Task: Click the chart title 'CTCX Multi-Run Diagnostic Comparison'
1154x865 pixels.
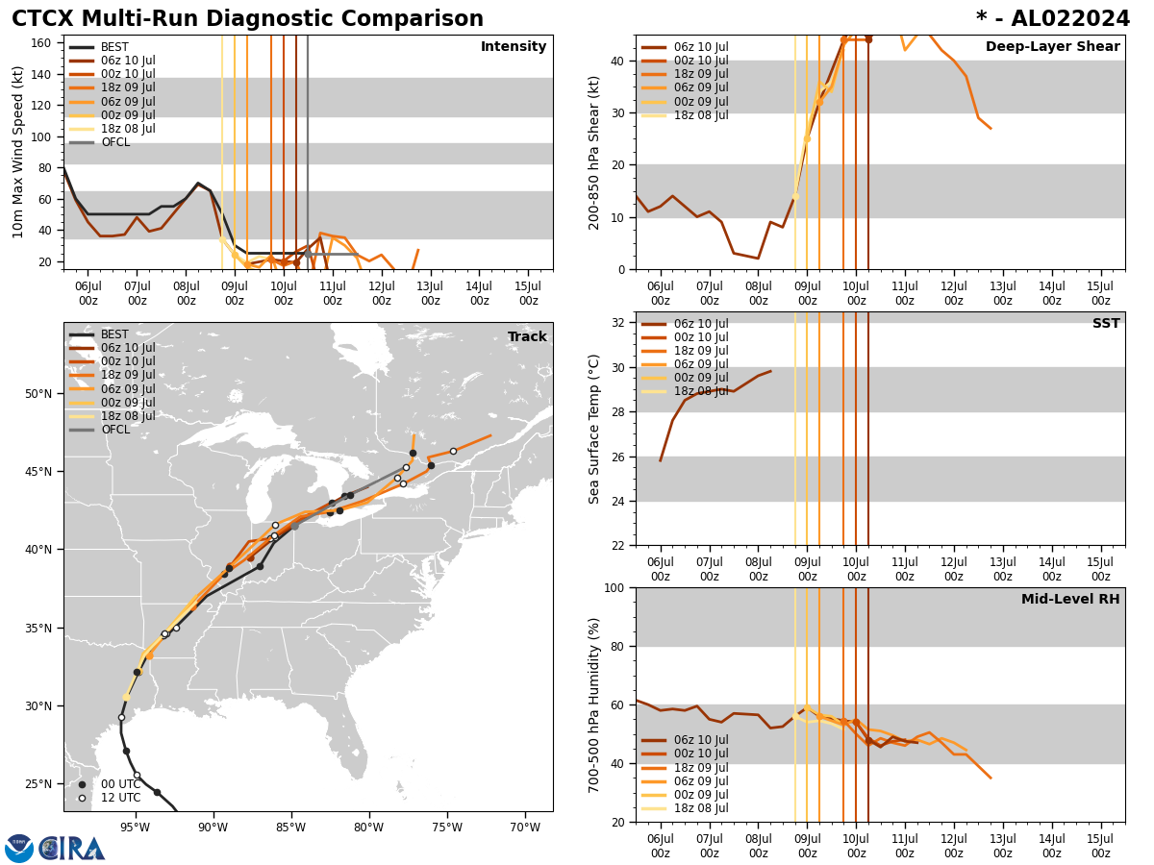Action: point(247,19)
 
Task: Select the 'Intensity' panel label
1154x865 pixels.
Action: point(513,47)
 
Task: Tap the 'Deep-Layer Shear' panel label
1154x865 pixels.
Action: point(1052,47)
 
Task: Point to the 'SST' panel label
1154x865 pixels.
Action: point(1105,324)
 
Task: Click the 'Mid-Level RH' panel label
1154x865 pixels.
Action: point(1069,600)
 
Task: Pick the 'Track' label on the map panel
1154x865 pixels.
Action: point(527,337)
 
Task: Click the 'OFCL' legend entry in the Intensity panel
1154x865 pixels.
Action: point(115,142)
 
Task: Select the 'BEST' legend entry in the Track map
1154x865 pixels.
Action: point(114,334)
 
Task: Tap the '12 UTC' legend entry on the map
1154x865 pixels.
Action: point(120,798)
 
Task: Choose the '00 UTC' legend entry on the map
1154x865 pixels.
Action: point(120,784)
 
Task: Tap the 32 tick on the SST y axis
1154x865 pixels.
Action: point(619,323)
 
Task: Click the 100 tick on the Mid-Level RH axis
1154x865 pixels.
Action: point(615,587)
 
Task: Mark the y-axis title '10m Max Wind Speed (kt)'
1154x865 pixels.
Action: point(17,152)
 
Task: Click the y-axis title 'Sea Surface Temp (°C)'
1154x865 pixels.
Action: point(594,429)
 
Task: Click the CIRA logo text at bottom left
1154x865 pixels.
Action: point(71,849)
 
